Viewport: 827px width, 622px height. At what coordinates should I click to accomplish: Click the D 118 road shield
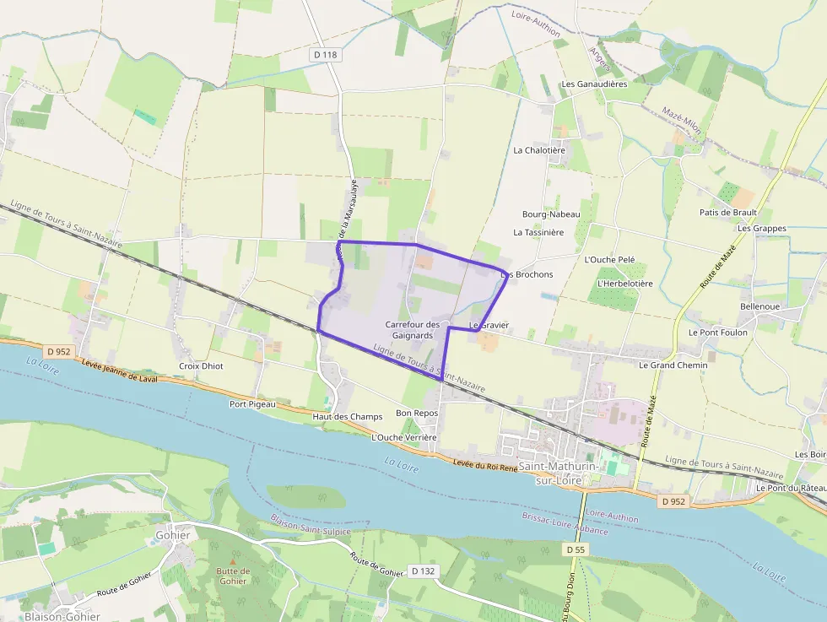click(325, 55)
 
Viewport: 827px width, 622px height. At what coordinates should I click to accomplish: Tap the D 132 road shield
click(423, 571)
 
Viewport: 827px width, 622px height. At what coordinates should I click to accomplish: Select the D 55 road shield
click(575, 549)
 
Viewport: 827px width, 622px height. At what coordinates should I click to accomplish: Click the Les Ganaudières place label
click(594, 84)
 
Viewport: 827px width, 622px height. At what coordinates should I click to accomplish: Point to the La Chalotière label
click(539, 150)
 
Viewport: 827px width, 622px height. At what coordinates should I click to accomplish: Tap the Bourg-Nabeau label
click(551, 214)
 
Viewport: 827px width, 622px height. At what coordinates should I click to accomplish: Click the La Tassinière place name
click(538, 232)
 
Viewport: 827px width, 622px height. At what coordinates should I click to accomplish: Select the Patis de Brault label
click(728, 213)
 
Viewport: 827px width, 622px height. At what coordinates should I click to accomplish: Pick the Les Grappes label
click(761, 229)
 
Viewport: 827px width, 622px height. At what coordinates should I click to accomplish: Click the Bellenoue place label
click(760, 306)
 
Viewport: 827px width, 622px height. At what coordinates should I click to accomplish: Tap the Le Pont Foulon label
click(717, 333)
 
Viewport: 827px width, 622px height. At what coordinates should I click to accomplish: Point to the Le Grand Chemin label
click(673, 365)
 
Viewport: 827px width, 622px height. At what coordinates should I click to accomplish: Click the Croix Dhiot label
click(201, 366)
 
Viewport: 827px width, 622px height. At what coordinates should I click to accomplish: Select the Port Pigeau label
click(252, 404)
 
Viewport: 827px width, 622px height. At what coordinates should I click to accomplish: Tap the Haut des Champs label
click(342, 417)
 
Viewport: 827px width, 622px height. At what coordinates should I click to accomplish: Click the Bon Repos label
click(417, 414)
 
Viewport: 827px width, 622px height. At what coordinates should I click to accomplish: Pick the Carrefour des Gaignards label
click(413, 330)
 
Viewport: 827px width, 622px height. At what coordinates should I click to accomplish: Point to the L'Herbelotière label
click(624, 284)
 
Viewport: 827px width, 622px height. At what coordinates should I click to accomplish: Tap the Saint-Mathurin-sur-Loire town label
click(556, 473)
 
